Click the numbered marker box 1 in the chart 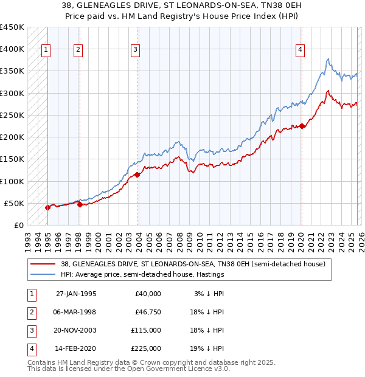click(46, 50)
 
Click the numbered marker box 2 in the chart click(78, 50)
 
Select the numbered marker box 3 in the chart click(135, 50)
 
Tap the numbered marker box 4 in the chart click(300, 50)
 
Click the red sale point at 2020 click(302, 126)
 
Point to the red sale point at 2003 click(137, 175)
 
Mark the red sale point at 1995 click(48, 207)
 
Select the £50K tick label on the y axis click(14, 204)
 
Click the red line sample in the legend click(44, 264)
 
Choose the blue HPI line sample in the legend click(44, 274)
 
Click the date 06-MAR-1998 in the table click(76, 312)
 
